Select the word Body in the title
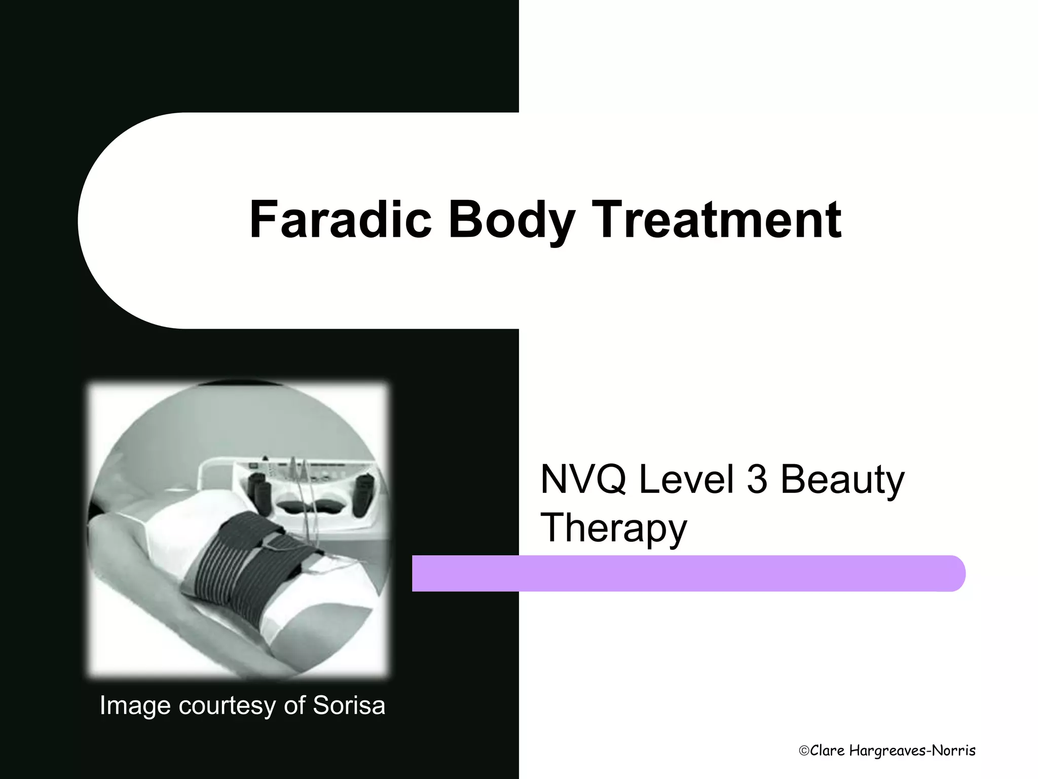tap(512, 220)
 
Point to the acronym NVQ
tap(583, 479)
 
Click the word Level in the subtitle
tap(686, 479)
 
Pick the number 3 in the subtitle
tap(757, 479)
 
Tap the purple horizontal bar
tap(684, 573)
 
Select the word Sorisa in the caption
tap(349, 705)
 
